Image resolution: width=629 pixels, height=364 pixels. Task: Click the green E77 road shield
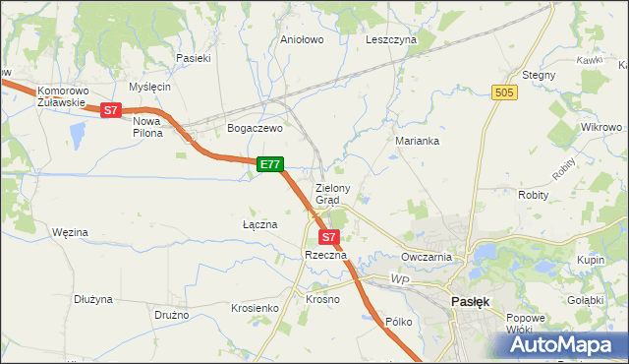[271, 165]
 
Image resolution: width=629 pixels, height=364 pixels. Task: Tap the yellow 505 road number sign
[504, 91]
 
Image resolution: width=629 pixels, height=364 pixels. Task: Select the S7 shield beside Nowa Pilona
[111, 111]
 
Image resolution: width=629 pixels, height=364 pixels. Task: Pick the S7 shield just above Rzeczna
[329, 237]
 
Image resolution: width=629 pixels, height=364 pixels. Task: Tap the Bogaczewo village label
[255, 128]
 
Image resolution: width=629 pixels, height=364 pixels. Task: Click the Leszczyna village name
[391, 40]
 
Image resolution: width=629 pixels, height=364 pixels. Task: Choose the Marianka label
[417, 141]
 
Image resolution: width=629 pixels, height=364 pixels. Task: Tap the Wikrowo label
[601, 128]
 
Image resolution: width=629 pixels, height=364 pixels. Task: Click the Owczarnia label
[426, 257]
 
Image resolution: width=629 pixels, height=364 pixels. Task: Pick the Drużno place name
[172, 316]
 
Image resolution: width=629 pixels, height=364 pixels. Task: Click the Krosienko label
[255, 308]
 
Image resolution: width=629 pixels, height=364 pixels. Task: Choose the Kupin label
[591, 259]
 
